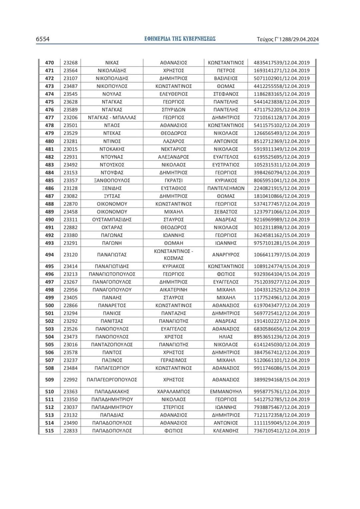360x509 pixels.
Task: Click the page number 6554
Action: (x=43, y=39)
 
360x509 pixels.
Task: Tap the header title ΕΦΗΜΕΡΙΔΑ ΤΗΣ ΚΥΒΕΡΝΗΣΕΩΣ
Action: (x=180, y=39)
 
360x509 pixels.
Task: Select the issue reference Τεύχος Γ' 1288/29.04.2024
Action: (x=288, y=39)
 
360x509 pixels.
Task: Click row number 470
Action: (x=49, y=63)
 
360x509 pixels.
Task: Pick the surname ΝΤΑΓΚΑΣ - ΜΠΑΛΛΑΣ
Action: (x=112, y=118)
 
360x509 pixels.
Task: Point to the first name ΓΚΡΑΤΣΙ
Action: (x=173, y=180)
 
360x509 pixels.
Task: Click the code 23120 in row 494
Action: (x=70, y=255)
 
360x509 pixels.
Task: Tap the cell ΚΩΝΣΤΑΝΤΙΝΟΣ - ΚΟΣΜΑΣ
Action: (x=173, y=255)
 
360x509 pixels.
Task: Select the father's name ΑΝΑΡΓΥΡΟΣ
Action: (x=226, y=255)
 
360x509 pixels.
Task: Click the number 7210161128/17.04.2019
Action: (x=282, y=118)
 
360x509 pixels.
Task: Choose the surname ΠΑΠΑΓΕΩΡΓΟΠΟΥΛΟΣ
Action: (x=112, y=380)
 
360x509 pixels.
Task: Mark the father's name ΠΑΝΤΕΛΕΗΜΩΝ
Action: (x=226, y=188)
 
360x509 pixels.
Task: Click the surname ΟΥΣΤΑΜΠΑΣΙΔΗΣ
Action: (x=112, y=220)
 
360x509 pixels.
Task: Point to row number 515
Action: (x=49, y=431)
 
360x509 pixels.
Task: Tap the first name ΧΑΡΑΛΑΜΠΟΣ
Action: (x=173, y=392)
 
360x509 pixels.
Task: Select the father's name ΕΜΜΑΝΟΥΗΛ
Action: (x=226, y=392)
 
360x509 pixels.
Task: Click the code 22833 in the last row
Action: (x=70, y=431)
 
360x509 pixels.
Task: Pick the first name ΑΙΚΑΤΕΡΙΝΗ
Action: (x=173, y=290)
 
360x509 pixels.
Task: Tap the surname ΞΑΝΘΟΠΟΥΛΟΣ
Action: (x=112, y=180)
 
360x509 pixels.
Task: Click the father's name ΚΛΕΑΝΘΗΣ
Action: (x=226, y=431)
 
